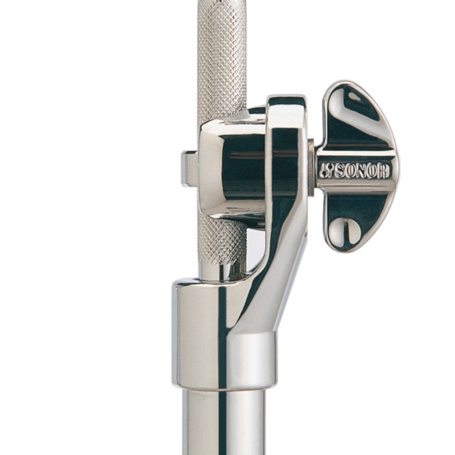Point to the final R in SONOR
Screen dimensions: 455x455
point(384,171)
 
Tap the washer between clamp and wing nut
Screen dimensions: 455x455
point(311,167)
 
